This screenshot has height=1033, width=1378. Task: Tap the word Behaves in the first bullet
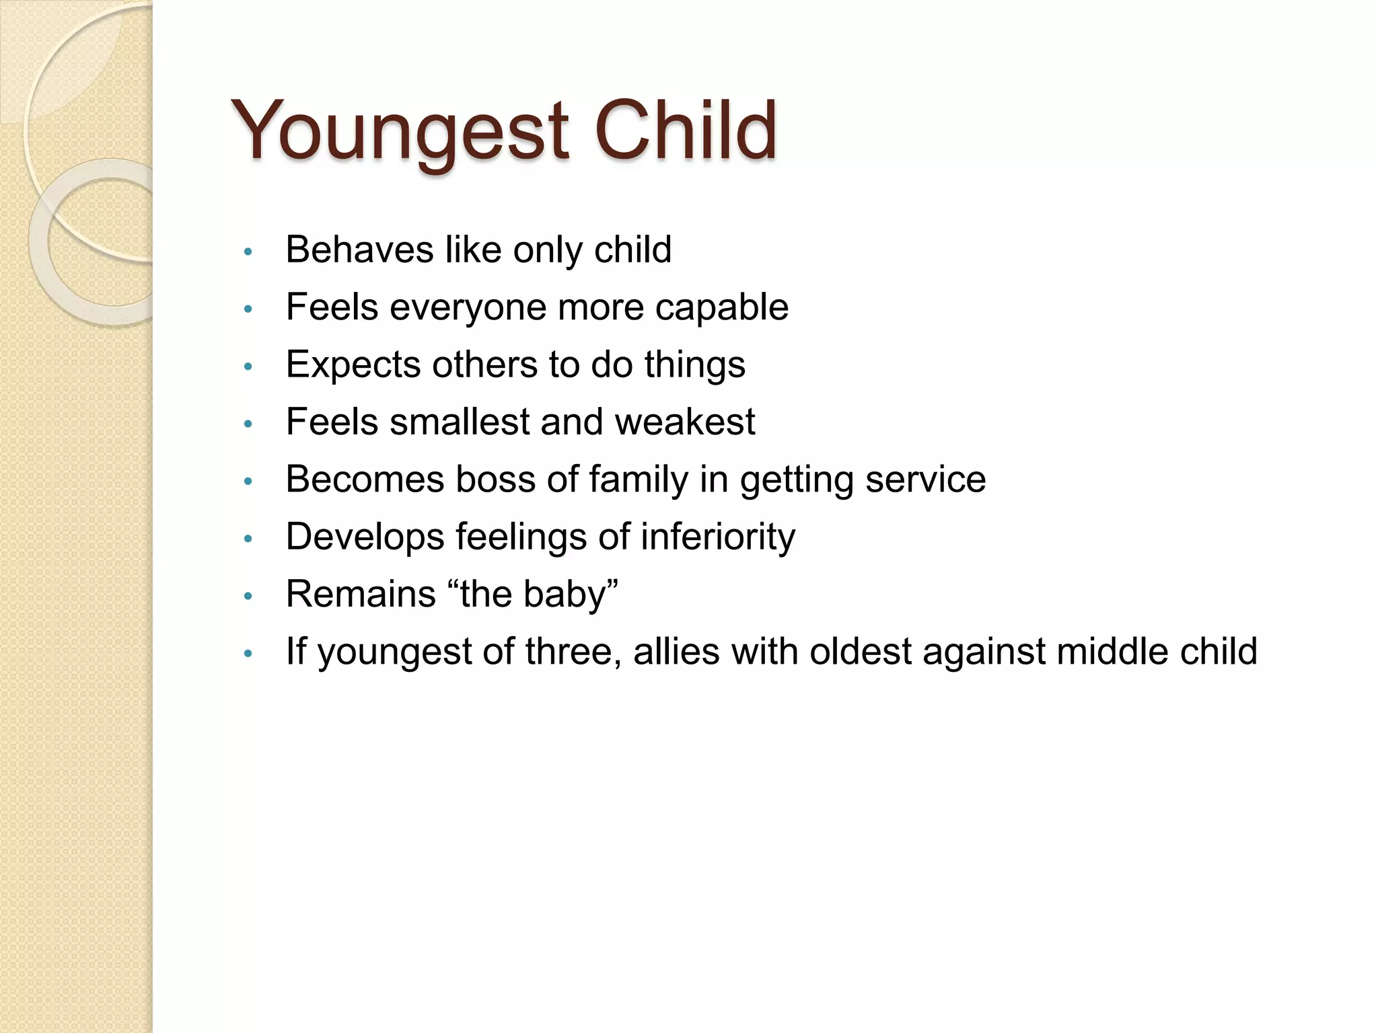pos(359,250)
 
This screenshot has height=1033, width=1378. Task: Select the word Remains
pos(361,595)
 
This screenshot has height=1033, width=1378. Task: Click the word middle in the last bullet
pos(1112,652)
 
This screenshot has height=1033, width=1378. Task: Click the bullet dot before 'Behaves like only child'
pos(248,252)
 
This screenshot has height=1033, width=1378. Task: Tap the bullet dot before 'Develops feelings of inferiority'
pos(248,539)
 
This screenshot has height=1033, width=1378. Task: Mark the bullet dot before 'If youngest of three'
pos(248,654)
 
